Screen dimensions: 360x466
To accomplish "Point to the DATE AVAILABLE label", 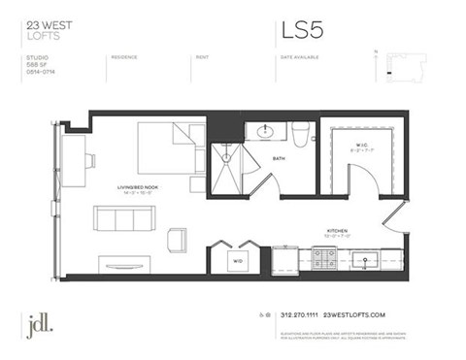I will [299, 57].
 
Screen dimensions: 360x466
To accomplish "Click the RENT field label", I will [201, 57].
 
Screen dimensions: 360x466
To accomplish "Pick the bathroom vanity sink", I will [265, 133].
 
